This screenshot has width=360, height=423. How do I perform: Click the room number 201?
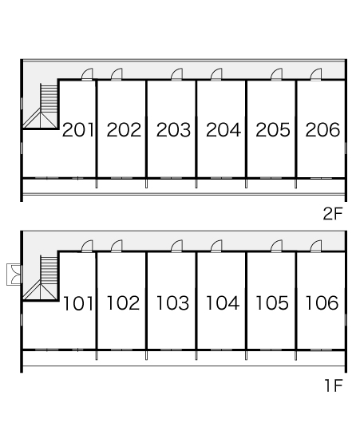[78, 130]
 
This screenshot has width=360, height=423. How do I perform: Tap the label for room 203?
[173, 130]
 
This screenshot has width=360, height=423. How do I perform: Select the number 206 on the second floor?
[322, 130]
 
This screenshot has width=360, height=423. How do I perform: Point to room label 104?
[223, 302]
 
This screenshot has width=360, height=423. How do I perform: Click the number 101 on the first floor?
[78, 303]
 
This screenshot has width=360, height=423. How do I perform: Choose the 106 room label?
[322, 302]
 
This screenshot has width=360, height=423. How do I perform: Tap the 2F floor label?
[333, 214]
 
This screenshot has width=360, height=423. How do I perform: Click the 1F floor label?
[334, 385]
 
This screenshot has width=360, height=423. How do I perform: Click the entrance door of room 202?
[117, 74]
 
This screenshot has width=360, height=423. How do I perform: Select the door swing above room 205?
[277, 74]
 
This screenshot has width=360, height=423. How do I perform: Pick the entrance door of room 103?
[176, 246]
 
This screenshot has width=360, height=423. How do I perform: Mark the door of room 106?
[316, 246]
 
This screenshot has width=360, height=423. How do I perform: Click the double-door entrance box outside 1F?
[14, 275]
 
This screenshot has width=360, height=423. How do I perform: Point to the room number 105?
[272, 302]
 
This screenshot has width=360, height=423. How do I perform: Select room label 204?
[224, 130]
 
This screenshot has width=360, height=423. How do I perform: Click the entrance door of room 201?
[87, 74]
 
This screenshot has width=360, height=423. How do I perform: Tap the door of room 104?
[216, 246]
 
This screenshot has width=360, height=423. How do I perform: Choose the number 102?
[124, 302]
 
